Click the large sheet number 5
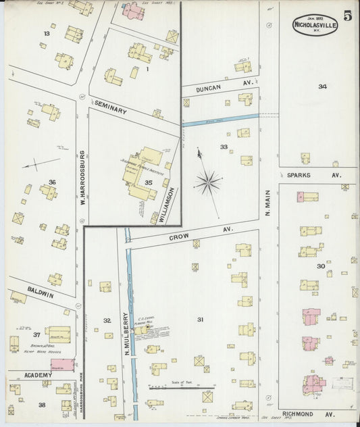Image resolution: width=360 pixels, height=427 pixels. (x=346, y=16)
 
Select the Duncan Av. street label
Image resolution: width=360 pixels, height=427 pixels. (x=209, y=89)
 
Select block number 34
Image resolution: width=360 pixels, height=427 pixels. (x=323, y=86)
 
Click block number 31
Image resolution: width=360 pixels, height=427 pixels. (x=200, y=319)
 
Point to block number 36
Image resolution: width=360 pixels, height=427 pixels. (x=52, y=182)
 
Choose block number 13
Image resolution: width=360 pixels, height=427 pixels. (x=47, y=33)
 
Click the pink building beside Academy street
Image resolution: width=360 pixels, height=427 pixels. (x=62, y=365)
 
